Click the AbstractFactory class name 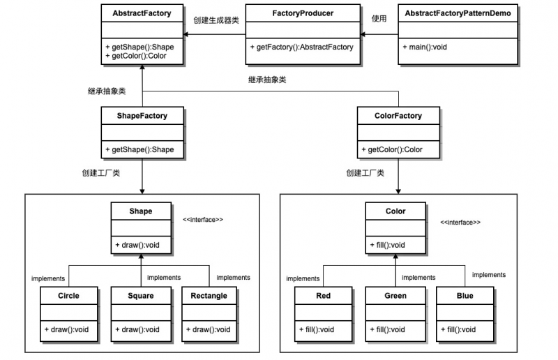(x=142, y=13)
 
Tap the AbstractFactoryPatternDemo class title (x=456, y=13)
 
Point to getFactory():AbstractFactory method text (x=301, y=47)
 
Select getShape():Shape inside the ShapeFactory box (x=139, y=149)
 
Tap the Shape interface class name (x=140, y=211)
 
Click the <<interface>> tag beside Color (x=460, y=223)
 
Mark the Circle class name (x=68, y=296)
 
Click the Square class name (x=141, y=296)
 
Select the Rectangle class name (x=209, y=296)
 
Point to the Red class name (x=324, y=296)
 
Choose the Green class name (x=395, y=296)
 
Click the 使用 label (x=379, y=19)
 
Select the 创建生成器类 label (x=216, y=20)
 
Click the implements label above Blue (x=489, y=275)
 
